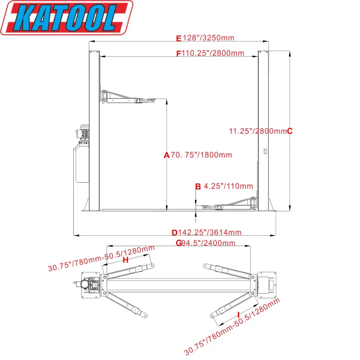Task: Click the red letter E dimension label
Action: [179, 38]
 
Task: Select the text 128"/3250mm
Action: [208, 38]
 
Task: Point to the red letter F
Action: [178, 54]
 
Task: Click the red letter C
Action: [290, 131]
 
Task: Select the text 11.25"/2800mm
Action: [257, 131]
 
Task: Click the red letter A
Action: [166, 155]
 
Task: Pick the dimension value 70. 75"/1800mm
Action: [201, 155]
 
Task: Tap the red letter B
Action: [198, 186]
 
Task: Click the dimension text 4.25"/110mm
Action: [228, 186]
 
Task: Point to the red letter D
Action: [175, 233]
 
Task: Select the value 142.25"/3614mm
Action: [210, 233]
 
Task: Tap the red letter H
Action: [126, 260]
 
